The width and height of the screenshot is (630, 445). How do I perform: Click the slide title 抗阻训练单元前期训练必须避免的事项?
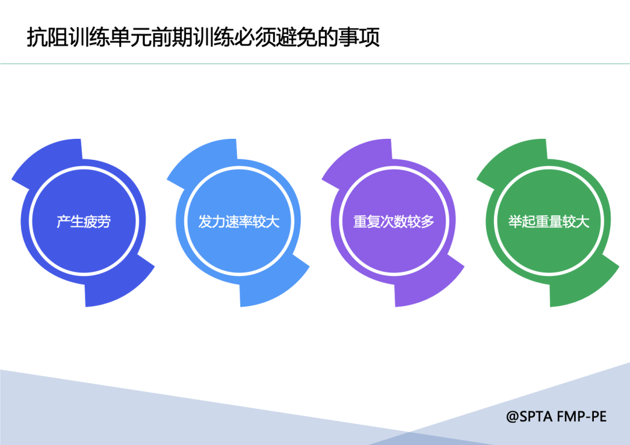pyautogui.click(x=204, y=38)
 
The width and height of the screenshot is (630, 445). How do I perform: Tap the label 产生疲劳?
pyautogui.click(x=83, y=221)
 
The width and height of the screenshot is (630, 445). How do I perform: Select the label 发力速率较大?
pyautogui.click(x=239, y=221)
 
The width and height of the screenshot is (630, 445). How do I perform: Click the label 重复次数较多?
pyautogui.click(x=394, y=221)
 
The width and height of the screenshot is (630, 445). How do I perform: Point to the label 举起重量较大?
pyautogui.click(x=549, y=221)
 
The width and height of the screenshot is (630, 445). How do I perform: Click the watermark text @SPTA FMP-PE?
pyautogui.click(x=556, y=416)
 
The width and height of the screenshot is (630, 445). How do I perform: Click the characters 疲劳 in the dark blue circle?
pyautogui.click(x=97, y=221)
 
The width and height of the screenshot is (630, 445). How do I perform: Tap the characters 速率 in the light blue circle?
pyautogui.click(x=239, y=221)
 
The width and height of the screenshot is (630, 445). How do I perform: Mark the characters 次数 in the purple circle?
pyautogui.click(x=394, y=221)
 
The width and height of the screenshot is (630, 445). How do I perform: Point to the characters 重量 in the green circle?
pyautogui.click(x=549, y=221)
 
